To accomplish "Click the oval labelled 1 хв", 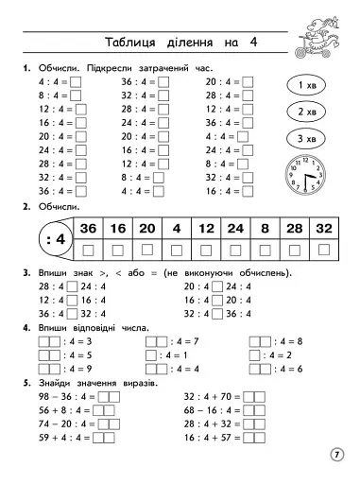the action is (x=306, y=86).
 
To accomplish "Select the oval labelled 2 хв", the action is (x=306, y=112).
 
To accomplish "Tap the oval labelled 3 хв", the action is (x=306, y=138).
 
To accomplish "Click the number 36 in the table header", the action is (x=89, y=229).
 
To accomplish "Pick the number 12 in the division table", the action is (x=206, y=229).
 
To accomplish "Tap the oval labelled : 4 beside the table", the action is (x=54, y=238).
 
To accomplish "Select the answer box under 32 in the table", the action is (x=324, y=250).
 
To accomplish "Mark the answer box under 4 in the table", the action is (x=177, y=250).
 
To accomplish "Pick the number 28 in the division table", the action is (x=294, y=229).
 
